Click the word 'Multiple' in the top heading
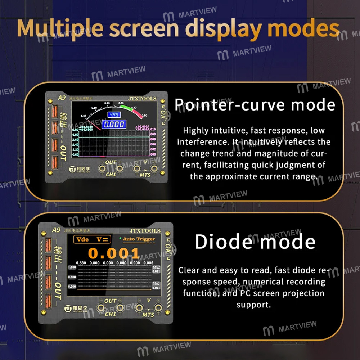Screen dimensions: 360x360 tap(59, 28)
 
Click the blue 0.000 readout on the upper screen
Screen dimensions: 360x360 tap(114, 125)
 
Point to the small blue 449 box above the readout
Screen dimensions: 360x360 tap(114, 115)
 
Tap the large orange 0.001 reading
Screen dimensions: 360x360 tap(113, 253)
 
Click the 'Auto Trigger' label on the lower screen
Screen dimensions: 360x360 tap(139, 239)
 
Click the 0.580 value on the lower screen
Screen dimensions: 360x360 tap(81, 263)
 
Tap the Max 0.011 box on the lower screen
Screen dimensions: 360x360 tap(156, 270)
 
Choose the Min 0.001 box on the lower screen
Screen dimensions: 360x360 tap(156, 286)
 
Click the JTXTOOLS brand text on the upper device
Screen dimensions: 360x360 tap(142, 98)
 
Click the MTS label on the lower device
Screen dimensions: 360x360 tap(148, 315)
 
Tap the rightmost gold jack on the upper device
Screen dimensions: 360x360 tap(155, 169)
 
